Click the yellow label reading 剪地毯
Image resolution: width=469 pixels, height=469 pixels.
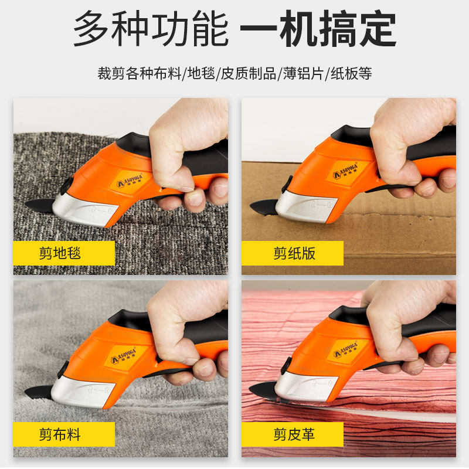(x=64, y=253)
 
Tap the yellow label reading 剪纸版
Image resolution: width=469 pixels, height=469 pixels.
(x=292, y=253)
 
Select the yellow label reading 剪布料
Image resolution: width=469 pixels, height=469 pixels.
(x=64, y=434)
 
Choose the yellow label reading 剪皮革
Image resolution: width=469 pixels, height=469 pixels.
(x=292, y=434)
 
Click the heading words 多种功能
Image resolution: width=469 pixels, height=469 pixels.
(x=151, y=28)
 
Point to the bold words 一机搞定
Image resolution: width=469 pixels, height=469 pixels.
(x=318, y=28)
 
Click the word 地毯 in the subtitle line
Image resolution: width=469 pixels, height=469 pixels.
(x=201, y=74)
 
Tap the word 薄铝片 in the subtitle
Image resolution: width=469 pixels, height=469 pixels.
(x=304, y=74)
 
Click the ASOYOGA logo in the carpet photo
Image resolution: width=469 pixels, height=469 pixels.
(x=129, y=180)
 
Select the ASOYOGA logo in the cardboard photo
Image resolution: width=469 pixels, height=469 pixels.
(x=345, y=171)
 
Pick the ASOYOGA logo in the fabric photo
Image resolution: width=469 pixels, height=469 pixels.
(x=123, y=355)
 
